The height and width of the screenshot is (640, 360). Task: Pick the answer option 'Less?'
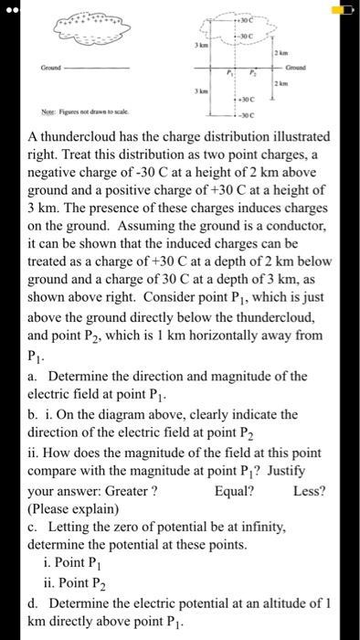point(309,490)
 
